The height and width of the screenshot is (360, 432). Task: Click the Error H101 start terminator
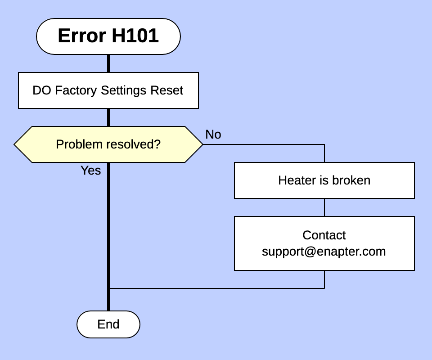tap(108, 36)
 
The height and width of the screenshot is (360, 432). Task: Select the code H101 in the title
tap(135, 36)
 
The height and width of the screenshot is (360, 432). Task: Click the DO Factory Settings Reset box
tap(108, 90)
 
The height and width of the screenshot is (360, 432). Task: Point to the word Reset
tap(166, 90)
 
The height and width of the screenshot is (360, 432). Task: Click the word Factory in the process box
tap(76, 90)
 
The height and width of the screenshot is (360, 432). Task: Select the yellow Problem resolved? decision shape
tap(108, 144)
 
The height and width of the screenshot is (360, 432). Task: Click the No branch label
tap(213, 135)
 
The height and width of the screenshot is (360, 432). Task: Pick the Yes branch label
tap(90, 171)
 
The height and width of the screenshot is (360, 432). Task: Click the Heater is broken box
tap(324, 180)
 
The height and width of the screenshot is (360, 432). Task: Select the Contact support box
tap(324, 243)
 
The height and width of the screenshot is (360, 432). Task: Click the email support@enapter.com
tap(324, 252)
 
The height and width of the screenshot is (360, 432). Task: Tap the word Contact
tap(324, 235)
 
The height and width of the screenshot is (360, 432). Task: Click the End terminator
tap(108, 324)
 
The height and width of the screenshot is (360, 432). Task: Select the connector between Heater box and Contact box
tap(324, 207)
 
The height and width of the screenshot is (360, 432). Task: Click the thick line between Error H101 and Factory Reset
tap(108, 63)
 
